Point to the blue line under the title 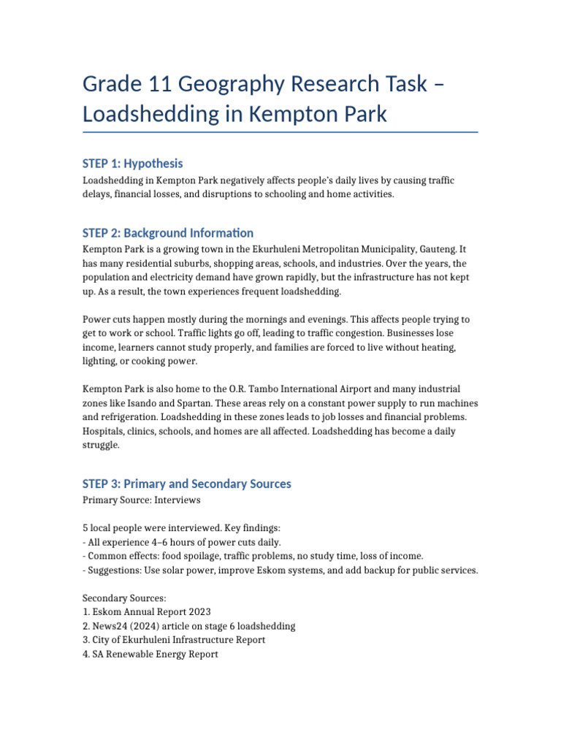click(x=280, y=132)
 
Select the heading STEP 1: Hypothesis click(x=133, y=164)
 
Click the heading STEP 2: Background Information click(x=168, y=234)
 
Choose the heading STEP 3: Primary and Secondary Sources click(x=187, y=484)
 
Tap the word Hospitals click(x=104, y=431)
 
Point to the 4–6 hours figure click(x=189, y=542)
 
